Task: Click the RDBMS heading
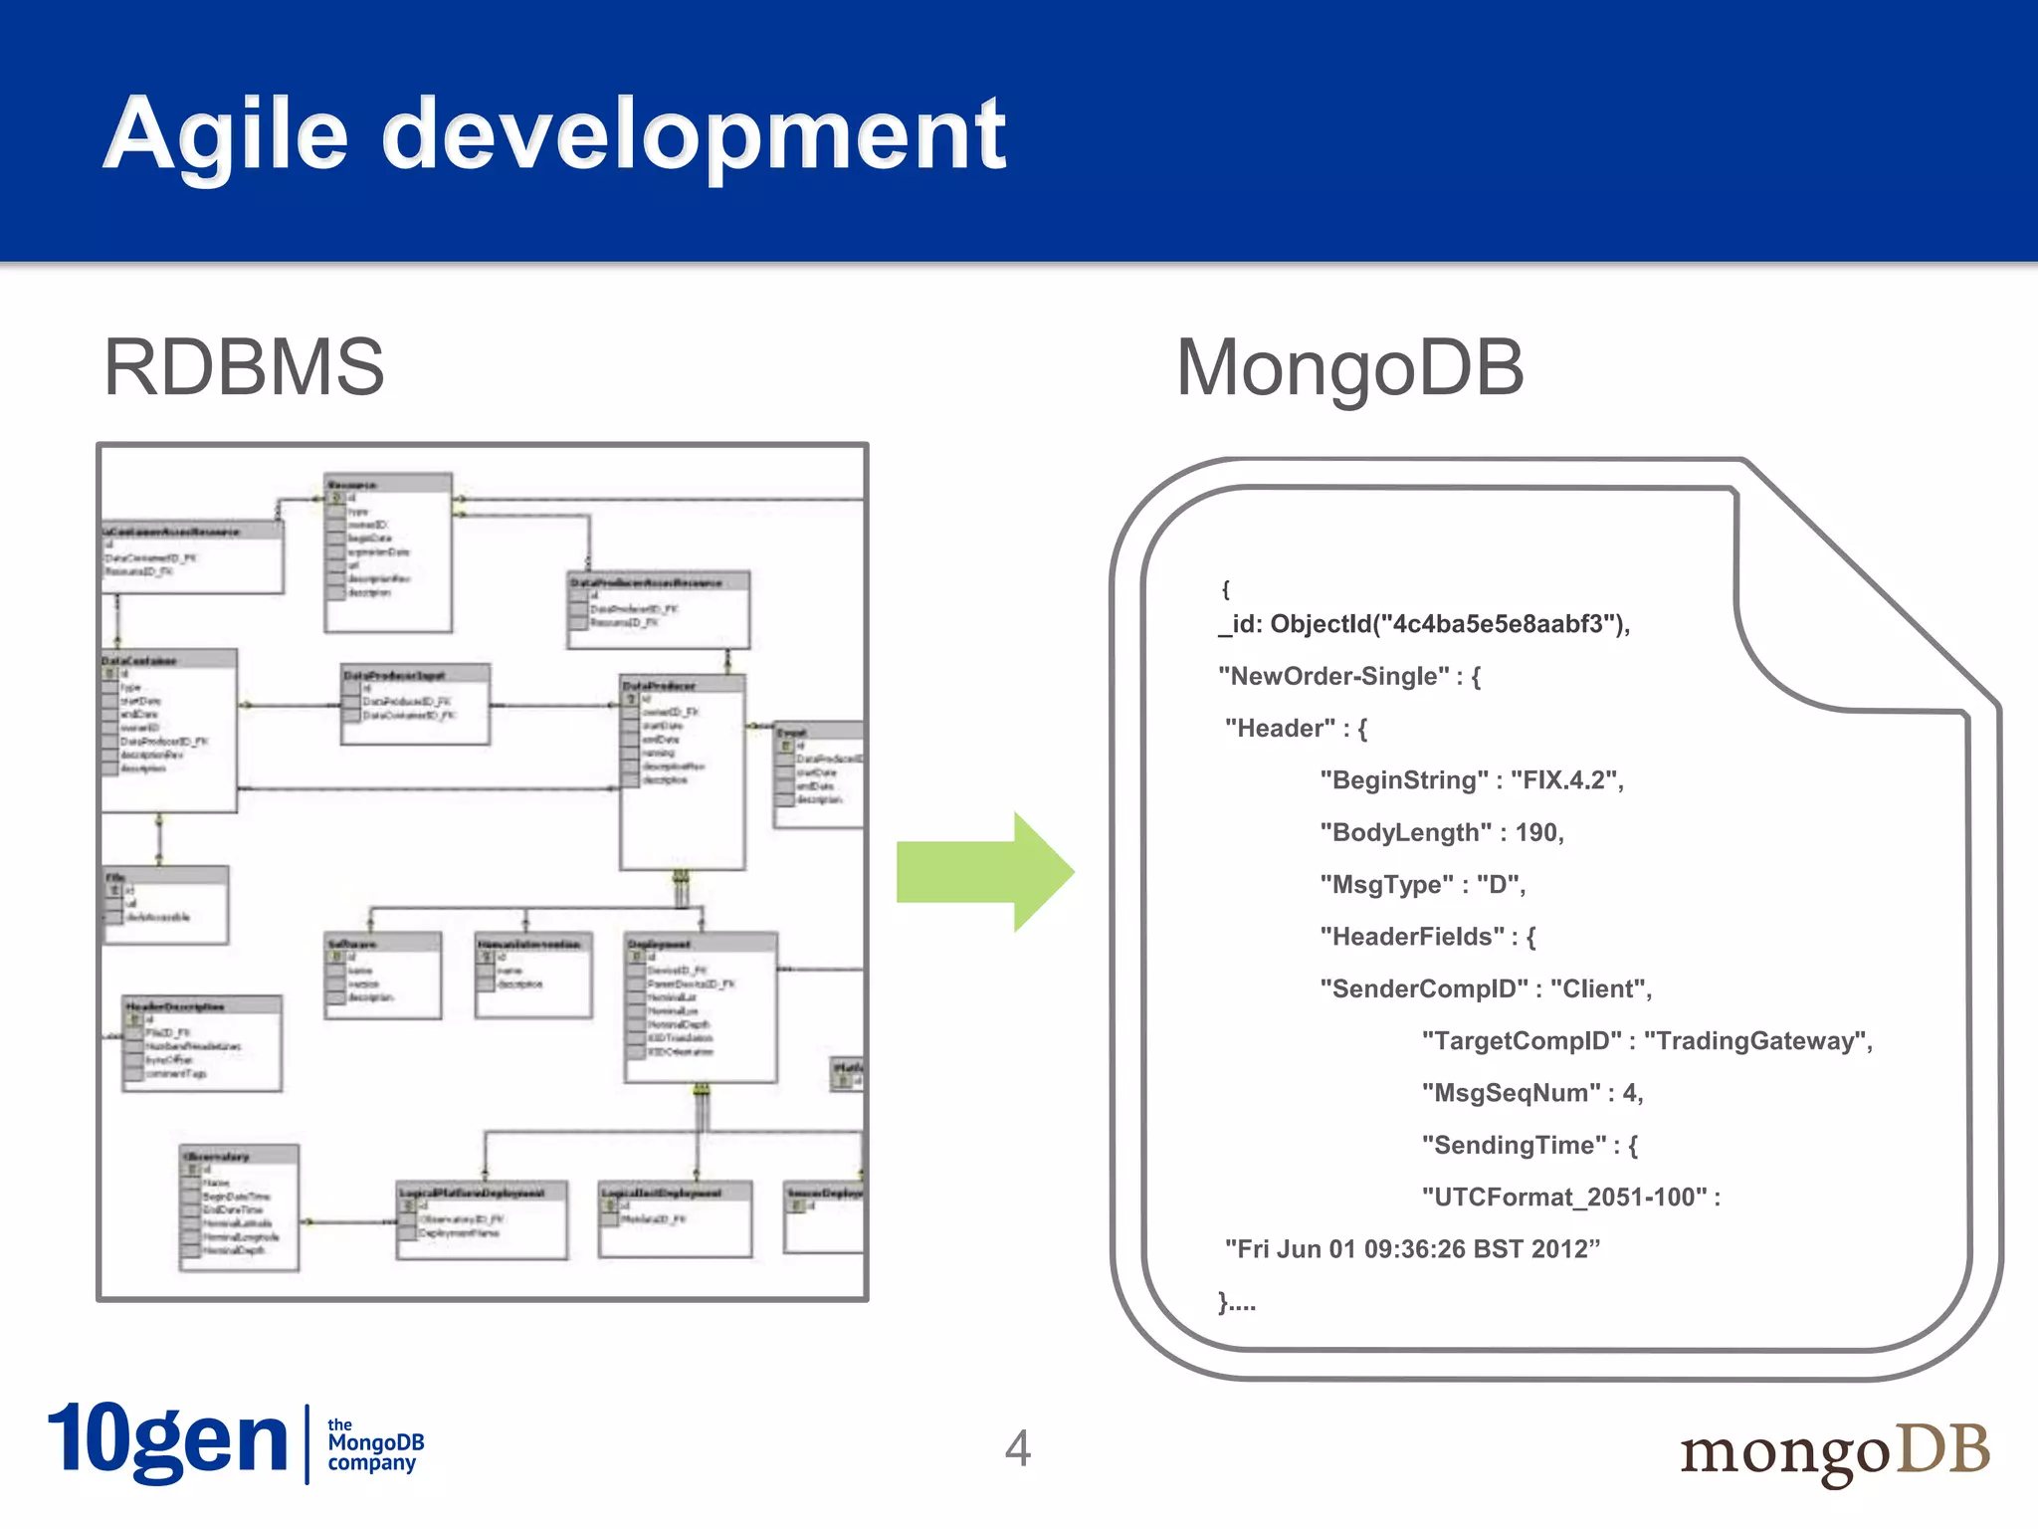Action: click(244, 367)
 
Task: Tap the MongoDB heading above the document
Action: click(1349, 367)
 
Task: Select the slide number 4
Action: click(1017, 1447)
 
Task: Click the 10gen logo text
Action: click(167, 1441)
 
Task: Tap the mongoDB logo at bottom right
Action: click(1834, 1450)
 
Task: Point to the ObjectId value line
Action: click(1423, 624)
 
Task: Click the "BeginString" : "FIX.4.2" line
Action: click(1471, 779)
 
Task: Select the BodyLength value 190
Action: click(1537, 832)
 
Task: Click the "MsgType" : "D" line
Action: click(1422, 884)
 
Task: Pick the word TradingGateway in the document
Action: click(1756, 1040)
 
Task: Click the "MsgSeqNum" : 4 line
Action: click(1531, 1092)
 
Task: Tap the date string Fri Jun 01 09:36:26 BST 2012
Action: click(1411, 1248)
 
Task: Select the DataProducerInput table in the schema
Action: click(415, 704)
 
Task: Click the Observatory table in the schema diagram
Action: click(239, 1206)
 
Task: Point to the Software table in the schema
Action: click(382, 975)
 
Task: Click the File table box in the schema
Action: click(166, 904)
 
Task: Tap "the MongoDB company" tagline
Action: click(375, 1444)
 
